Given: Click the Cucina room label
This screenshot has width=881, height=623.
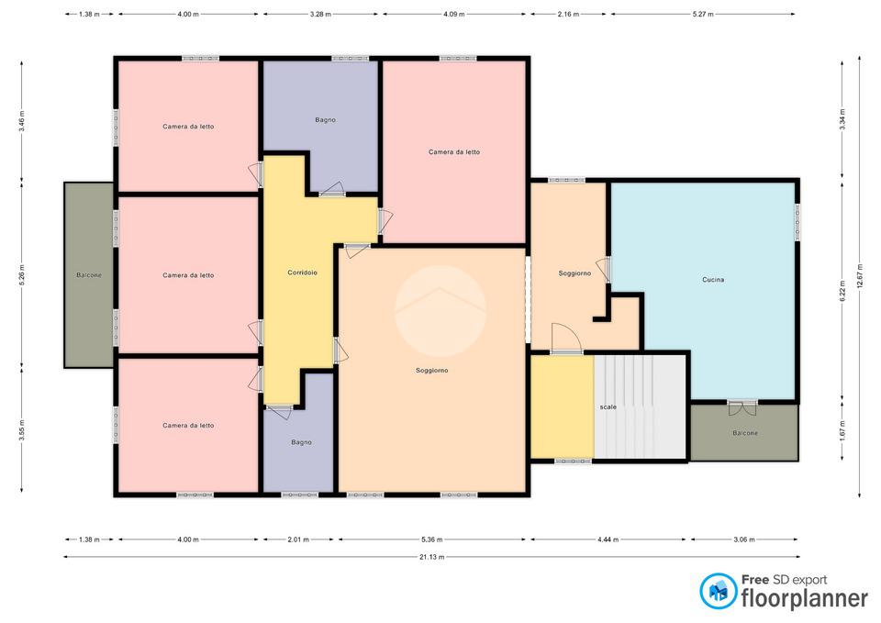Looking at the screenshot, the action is (713, 280).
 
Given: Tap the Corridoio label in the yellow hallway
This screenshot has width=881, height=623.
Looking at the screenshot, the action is (302, 273).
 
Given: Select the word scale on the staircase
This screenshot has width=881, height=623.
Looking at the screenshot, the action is (608, 406).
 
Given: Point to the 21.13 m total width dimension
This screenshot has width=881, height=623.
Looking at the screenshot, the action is (431, 557).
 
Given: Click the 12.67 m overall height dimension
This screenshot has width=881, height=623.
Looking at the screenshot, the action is (860, 276).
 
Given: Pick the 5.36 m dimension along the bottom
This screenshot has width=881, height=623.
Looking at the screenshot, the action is (431, 540).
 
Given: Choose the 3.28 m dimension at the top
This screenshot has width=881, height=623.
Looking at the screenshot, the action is (320, 14).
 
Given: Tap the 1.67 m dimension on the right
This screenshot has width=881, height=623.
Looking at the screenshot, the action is (842, 430).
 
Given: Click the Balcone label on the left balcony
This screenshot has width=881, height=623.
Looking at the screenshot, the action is (89, 275).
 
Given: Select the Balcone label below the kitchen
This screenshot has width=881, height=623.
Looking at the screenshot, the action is (745, 433).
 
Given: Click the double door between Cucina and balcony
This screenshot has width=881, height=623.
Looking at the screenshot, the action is (742, 407).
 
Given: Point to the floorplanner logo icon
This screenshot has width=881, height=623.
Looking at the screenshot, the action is (718, 591).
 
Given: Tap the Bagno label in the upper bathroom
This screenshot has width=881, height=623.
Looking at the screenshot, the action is (325, 119).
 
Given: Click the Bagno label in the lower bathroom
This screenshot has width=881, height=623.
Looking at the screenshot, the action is (301, 442).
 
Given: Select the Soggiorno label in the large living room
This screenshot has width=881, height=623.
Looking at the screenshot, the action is (431, 370).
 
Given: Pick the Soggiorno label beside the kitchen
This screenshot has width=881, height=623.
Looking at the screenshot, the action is (574, 273).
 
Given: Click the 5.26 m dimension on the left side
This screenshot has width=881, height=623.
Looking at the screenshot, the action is (22, 275).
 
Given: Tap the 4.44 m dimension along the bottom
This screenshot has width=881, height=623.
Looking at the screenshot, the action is (608, 540).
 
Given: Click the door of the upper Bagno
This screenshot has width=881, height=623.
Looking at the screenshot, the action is (331, 190).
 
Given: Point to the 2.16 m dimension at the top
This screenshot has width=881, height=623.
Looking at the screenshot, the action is (568, 14).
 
